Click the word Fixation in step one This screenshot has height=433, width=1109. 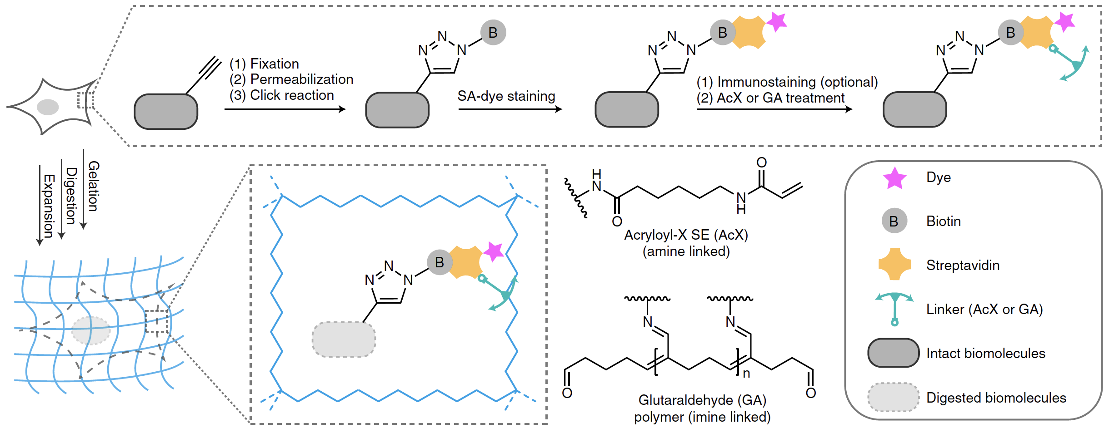click(x=275, y=64)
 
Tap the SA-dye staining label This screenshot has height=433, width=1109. click(x=506, y=96)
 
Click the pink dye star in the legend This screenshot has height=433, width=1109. click(x=894, y=177)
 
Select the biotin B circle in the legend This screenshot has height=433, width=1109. click(x=894, y=221)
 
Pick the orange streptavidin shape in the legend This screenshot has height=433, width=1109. click(x=894, y=264)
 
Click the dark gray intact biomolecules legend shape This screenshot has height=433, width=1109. click(x=893, y=353)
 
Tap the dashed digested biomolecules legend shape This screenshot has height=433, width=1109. click(x=893, y=397)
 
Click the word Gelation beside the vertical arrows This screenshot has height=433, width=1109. click(x=93, y=186)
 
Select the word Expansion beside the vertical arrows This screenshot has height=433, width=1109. click(x=49, y=206)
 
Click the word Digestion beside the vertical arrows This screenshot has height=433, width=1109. click(x=71, y=196)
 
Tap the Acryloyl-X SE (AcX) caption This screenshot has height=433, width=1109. click(x=686, y=235)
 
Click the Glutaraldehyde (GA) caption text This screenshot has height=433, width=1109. click(x=702, y=400)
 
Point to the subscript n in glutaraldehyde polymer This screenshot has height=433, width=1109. click(x=746, y=374)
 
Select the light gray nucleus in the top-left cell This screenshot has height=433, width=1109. click(x=48, y=107)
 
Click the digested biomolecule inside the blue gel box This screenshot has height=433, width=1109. click(x=344, y=339)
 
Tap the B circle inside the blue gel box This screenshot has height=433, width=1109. click(x=440, y=262)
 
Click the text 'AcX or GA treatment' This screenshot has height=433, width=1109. click(x=780, y=98)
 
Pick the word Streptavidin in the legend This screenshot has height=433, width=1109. click(x=963, y=265)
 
